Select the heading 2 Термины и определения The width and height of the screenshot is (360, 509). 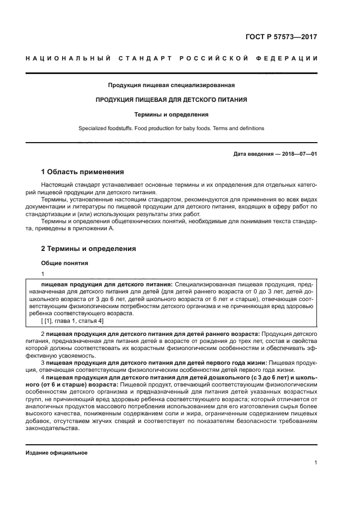click(89, 249)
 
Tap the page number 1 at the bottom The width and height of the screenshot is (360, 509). click(315, 463)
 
